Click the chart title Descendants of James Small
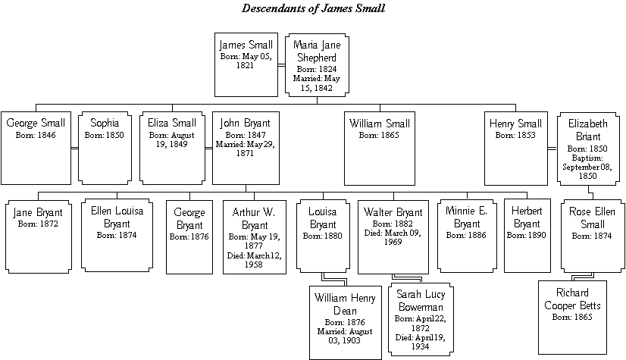[x=314, y=8]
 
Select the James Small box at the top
[x=246, y=64]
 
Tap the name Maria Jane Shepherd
[x=317, y=51]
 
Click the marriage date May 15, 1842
[x=317, y=83]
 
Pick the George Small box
[x=36, y=148]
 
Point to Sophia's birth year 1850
[x=114, y=136]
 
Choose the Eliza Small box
[x=173, y=148]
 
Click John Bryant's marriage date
[x=245, y=149]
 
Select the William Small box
[x=380, y=149]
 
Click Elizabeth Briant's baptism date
[x=587, y=167]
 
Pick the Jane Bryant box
[x=39, y=236]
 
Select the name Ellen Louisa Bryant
[x=117, y=217]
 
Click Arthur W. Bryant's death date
[x=255, y=260]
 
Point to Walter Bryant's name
[x=393, y=212]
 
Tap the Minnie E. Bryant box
[x=467, y=236]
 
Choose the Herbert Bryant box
[x=527, y=236]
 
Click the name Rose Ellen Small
[x=592, y=218]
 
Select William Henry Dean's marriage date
[x=345, y=336]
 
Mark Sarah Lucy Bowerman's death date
[x=421, y=342]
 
